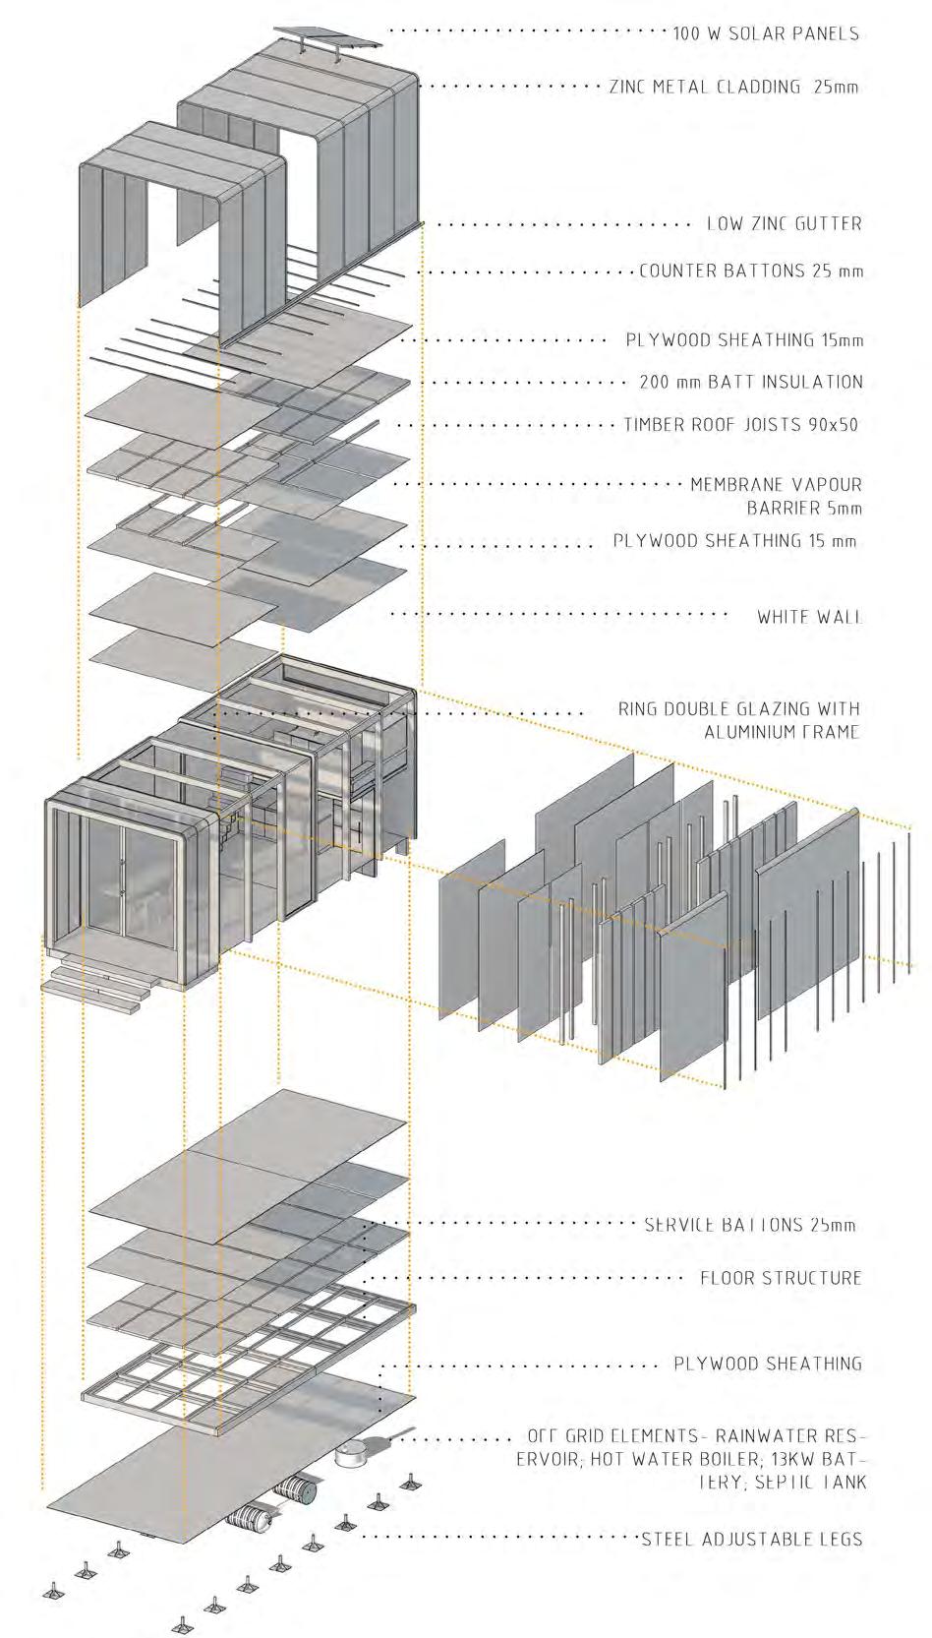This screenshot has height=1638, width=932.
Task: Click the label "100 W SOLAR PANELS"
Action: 766,33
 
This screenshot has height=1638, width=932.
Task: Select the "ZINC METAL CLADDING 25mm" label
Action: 733,87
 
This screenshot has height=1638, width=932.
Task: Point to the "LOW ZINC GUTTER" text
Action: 784,224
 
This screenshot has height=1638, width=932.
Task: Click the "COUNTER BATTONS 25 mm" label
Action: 751,271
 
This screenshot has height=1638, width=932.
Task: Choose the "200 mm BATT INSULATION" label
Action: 751,382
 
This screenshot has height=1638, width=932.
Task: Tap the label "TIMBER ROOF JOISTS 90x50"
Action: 742,425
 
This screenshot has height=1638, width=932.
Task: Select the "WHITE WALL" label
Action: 809,617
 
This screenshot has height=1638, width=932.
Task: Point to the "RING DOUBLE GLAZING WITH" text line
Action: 738,708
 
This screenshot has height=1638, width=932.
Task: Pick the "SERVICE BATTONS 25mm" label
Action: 750,1225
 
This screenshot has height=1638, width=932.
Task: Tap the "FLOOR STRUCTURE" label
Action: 781,1278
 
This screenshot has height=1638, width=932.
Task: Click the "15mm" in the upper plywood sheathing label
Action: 843,340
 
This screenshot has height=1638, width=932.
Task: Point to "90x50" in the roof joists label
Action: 834,425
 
